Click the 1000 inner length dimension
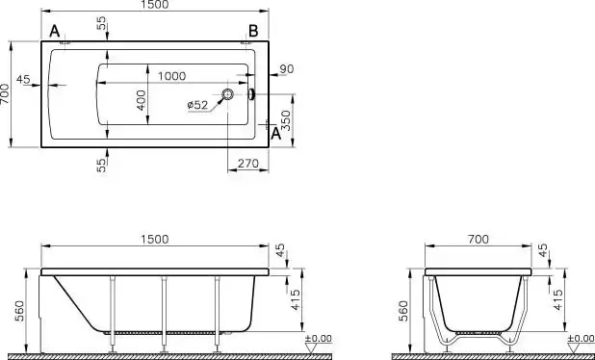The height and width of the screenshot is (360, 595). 172,76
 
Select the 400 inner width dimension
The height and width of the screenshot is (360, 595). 142,100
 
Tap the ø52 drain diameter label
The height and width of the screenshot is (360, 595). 197,105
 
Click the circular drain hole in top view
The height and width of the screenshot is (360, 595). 227,94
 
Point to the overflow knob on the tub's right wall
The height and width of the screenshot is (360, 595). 251,94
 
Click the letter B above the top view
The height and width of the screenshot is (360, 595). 253,31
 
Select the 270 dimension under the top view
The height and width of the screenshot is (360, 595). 248,164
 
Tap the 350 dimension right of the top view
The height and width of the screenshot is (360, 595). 287,120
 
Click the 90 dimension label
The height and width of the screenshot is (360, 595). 287,69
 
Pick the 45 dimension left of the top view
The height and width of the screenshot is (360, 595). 23,80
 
